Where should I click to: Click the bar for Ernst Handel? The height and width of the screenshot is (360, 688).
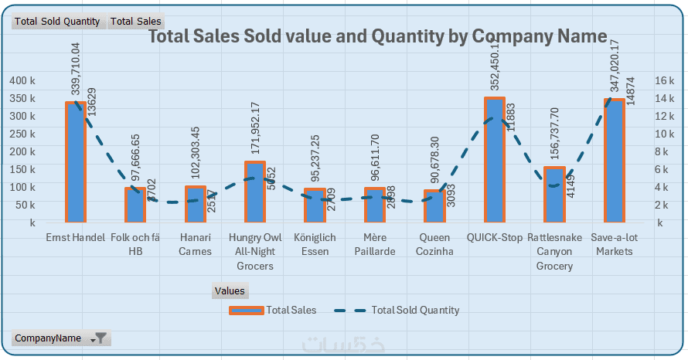click(75, 162)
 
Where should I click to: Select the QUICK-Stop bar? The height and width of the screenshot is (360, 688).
click(495, 160)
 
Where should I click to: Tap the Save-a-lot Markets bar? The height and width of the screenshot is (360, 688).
click(615, 161)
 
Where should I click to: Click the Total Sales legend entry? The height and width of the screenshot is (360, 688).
click(273, 311)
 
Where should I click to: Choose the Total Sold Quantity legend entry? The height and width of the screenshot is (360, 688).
click(397, 311)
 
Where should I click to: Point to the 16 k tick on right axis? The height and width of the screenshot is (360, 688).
click(664, 80)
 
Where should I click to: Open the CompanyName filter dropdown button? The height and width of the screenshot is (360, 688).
click(100, 338)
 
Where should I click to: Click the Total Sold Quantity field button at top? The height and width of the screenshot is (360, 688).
click(59, 22)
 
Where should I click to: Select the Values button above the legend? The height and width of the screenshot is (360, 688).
click(230, 291)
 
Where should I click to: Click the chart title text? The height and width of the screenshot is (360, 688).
click(377, 36)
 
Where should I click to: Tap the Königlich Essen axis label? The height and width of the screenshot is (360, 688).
click(315, 244)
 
